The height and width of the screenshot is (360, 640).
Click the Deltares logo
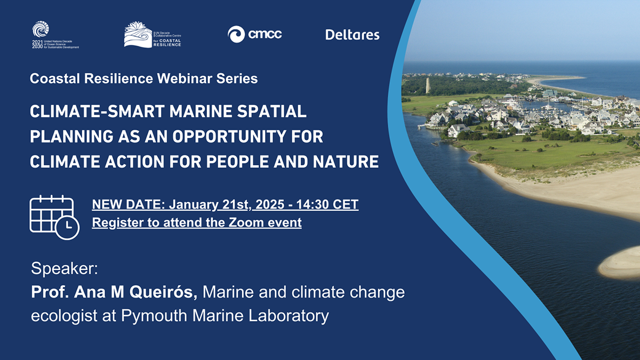click(353, 35)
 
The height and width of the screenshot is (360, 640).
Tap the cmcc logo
click(254, 34)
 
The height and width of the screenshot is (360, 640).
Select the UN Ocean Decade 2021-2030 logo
click(55, 35)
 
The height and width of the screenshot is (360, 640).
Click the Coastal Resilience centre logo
click(153, 35)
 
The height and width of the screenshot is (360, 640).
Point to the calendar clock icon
click(54, 218)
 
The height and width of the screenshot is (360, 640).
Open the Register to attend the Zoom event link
click(197, 222)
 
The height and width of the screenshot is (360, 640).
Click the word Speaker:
click(65, 269)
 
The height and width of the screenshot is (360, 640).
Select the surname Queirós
click(163, 292)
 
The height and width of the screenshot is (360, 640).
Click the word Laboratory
click(289, 316)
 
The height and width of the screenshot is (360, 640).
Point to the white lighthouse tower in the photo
click(428, 85)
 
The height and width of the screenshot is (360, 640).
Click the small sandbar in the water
click(619, 263)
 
